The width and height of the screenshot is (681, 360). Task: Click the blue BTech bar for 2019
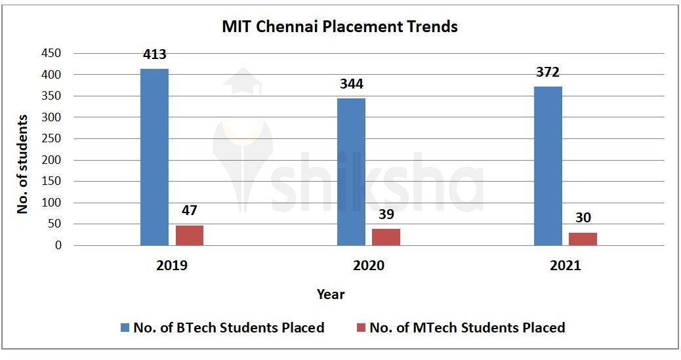154,157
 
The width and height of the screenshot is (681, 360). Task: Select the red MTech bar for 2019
190,235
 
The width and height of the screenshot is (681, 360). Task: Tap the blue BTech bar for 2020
351,172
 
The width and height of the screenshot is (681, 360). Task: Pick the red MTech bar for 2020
386,237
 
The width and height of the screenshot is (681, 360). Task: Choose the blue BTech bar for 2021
548,166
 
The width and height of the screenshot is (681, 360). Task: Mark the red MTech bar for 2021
583,239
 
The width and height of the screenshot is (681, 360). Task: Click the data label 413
154,55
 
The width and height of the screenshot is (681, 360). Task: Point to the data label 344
351,85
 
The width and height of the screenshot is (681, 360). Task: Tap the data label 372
547,73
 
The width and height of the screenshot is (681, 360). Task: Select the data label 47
190,211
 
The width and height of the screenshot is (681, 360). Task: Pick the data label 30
583,218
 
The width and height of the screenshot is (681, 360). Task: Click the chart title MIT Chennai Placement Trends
340,27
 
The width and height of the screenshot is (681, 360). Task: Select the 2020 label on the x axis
369,267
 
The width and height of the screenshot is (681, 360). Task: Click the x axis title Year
331,294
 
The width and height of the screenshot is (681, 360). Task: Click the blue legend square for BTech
125,327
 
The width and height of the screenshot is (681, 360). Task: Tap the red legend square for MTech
361,327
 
